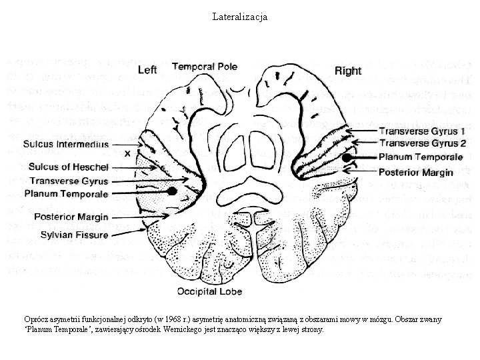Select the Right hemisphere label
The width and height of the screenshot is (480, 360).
coord(348,70)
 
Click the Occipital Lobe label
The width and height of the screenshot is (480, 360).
coord(209,291)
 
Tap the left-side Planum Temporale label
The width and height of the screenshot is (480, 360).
coord(66,193)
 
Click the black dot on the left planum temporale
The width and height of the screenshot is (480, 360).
coord(172,191)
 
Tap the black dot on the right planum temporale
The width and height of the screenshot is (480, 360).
coord(348,158)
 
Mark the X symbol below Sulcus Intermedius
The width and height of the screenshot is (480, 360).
coord(127,153)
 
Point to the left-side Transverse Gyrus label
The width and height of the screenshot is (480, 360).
coord(69,181)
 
